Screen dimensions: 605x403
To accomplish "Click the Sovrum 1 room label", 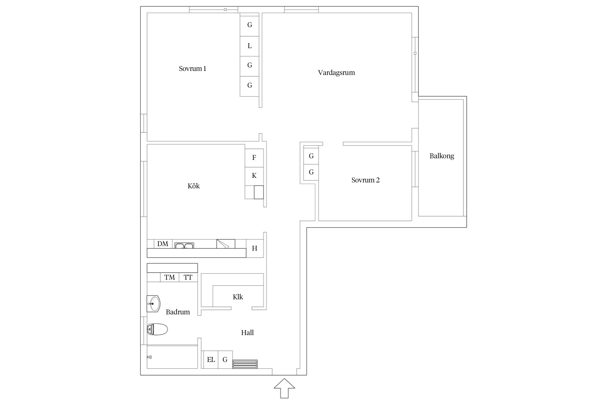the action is [193, 69].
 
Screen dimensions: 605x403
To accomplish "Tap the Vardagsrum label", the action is [336, 73].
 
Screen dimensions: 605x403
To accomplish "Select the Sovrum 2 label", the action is [365, 180].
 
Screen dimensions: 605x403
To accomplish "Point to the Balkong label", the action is [442, 156].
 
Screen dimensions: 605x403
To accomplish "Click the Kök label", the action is [194, 186].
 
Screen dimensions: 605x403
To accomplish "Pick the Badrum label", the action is [178, 312].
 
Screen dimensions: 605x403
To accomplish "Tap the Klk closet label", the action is [238, 297].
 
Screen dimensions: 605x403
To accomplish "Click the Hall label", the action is [247, 333].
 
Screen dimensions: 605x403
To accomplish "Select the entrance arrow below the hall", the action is [284, 388].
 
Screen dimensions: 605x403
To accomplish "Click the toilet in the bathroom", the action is [157, 329].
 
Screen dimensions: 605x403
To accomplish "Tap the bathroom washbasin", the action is [154, 304].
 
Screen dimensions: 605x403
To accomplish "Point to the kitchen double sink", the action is [184, 245].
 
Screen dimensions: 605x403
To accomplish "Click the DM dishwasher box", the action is [163, 244].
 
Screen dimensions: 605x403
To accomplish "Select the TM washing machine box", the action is [170, 277].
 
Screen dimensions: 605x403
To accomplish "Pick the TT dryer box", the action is [188, 277].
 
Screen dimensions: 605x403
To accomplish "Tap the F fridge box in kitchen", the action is [254, 158].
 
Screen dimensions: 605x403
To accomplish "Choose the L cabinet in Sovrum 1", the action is [250, 46].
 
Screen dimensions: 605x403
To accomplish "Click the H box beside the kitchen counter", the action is [255, 249].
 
